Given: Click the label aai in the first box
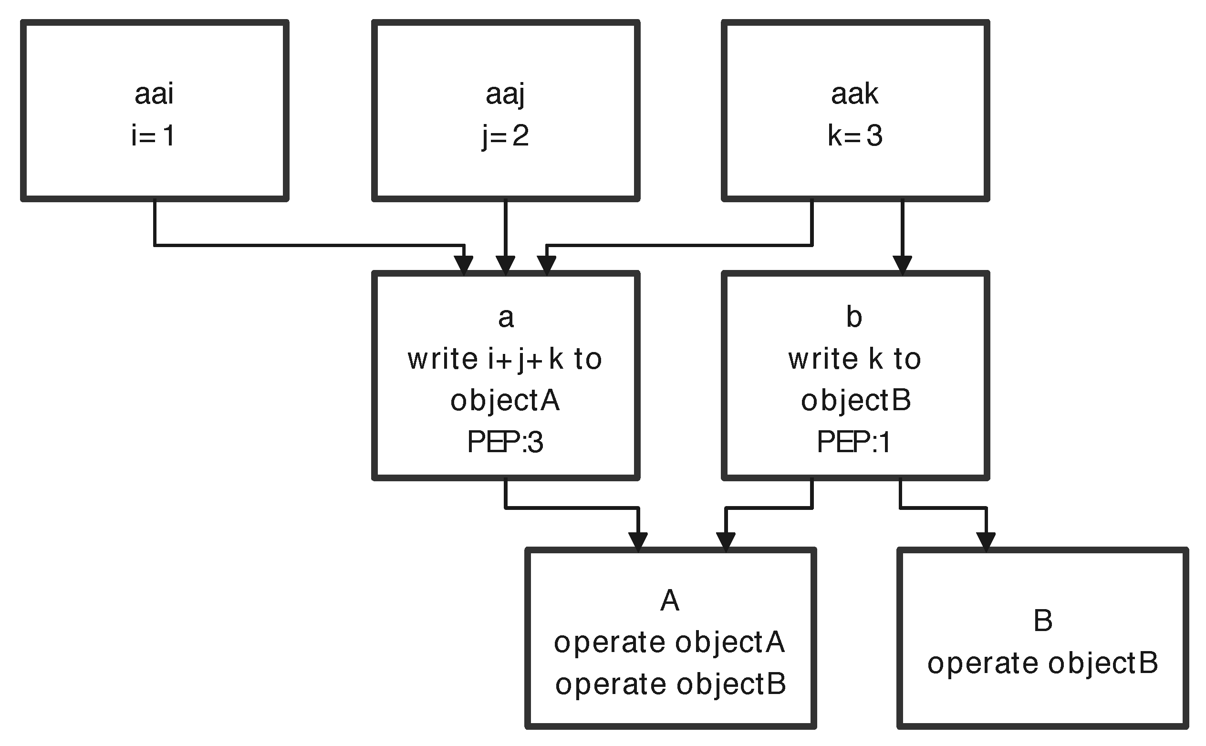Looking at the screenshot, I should [x=154, y=94].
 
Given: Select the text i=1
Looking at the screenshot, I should [x=154, y=135].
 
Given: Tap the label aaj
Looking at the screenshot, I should [x=505, y=94].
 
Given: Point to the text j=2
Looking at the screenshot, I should [x=505, y=135].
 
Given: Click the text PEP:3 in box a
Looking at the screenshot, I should [x=505, y=442].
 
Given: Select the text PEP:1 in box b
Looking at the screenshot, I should [x=853, y=442].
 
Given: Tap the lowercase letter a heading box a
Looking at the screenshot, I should [x=506, y=317].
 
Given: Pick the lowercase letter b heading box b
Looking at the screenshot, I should [x=854, y=317].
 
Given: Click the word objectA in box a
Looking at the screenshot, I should [x=505, y=400].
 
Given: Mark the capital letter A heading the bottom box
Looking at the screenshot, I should [x=670, y=601].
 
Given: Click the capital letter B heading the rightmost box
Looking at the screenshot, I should [x=1043, y=621].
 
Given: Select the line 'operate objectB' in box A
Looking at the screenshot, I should [x=670, y=684].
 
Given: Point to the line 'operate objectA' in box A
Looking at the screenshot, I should [x=669, y=642].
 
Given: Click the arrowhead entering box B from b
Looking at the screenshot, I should [x=986, y=542].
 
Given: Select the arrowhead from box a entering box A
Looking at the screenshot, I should [x=638, y=542].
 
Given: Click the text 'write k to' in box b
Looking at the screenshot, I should [x=854, y=359].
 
